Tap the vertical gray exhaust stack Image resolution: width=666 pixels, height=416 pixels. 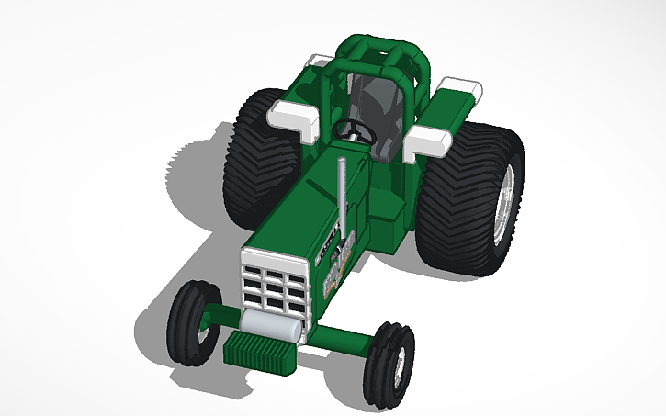pos(342,197)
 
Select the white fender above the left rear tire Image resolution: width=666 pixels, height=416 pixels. pos(291,115)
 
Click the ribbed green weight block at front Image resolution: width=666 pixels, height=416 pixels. pos(259,352)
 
